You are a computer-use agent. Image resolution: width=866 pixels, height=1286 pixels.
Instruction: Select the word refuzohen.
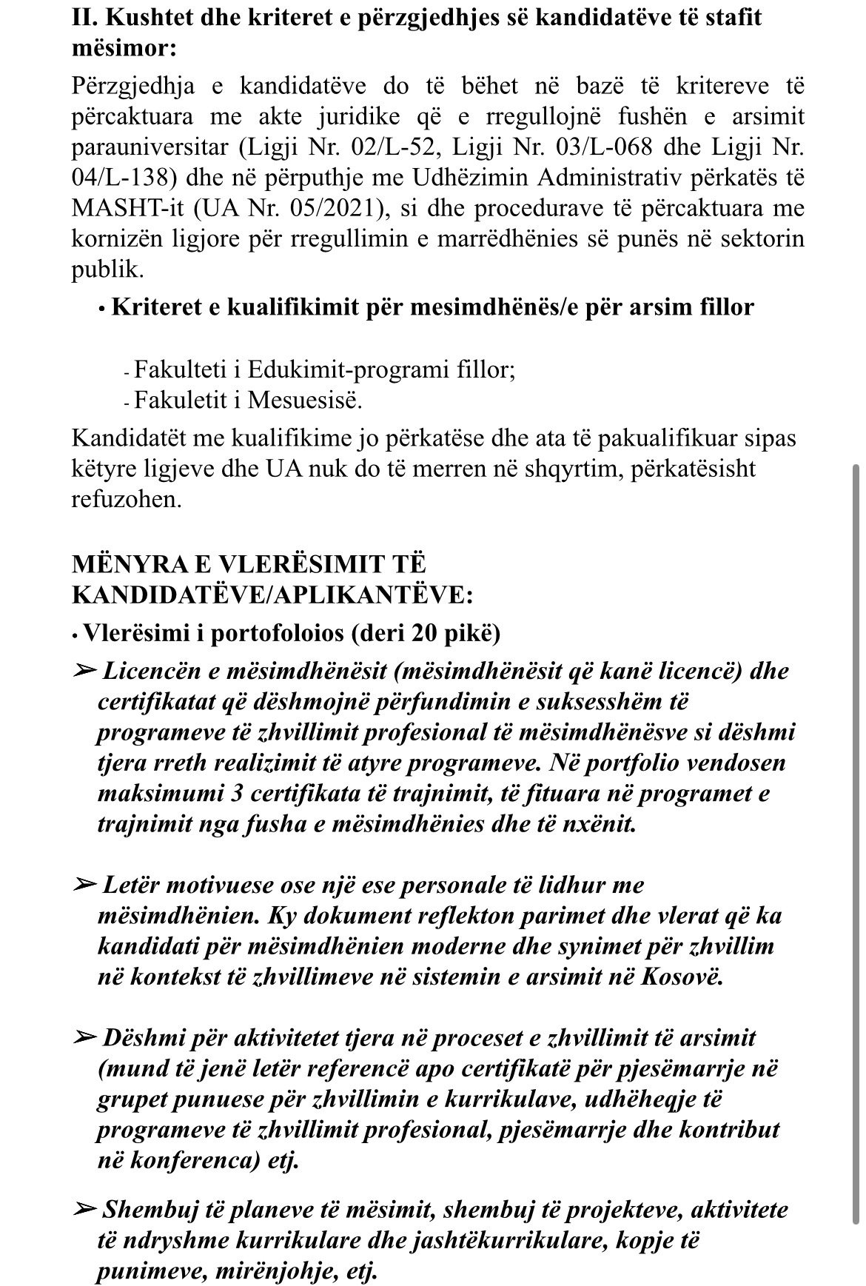click(126, 499)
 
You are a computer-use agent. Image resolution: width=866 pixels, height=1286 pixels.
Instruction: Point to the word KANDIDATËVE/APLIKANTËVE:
click(272, 595)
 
